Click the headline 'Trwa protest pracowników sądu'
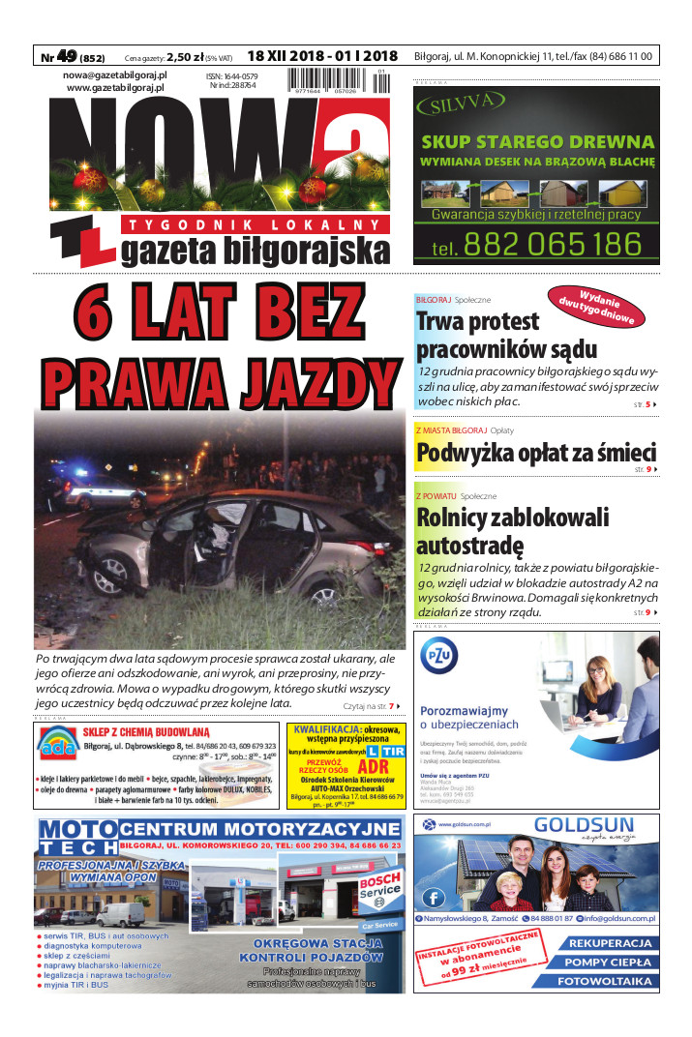(506, 335)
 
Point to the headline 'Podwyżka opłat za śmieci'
(535, 452)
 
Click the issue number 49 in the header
(67, 56)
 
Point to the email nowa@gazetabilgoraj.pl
(115, 74)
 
